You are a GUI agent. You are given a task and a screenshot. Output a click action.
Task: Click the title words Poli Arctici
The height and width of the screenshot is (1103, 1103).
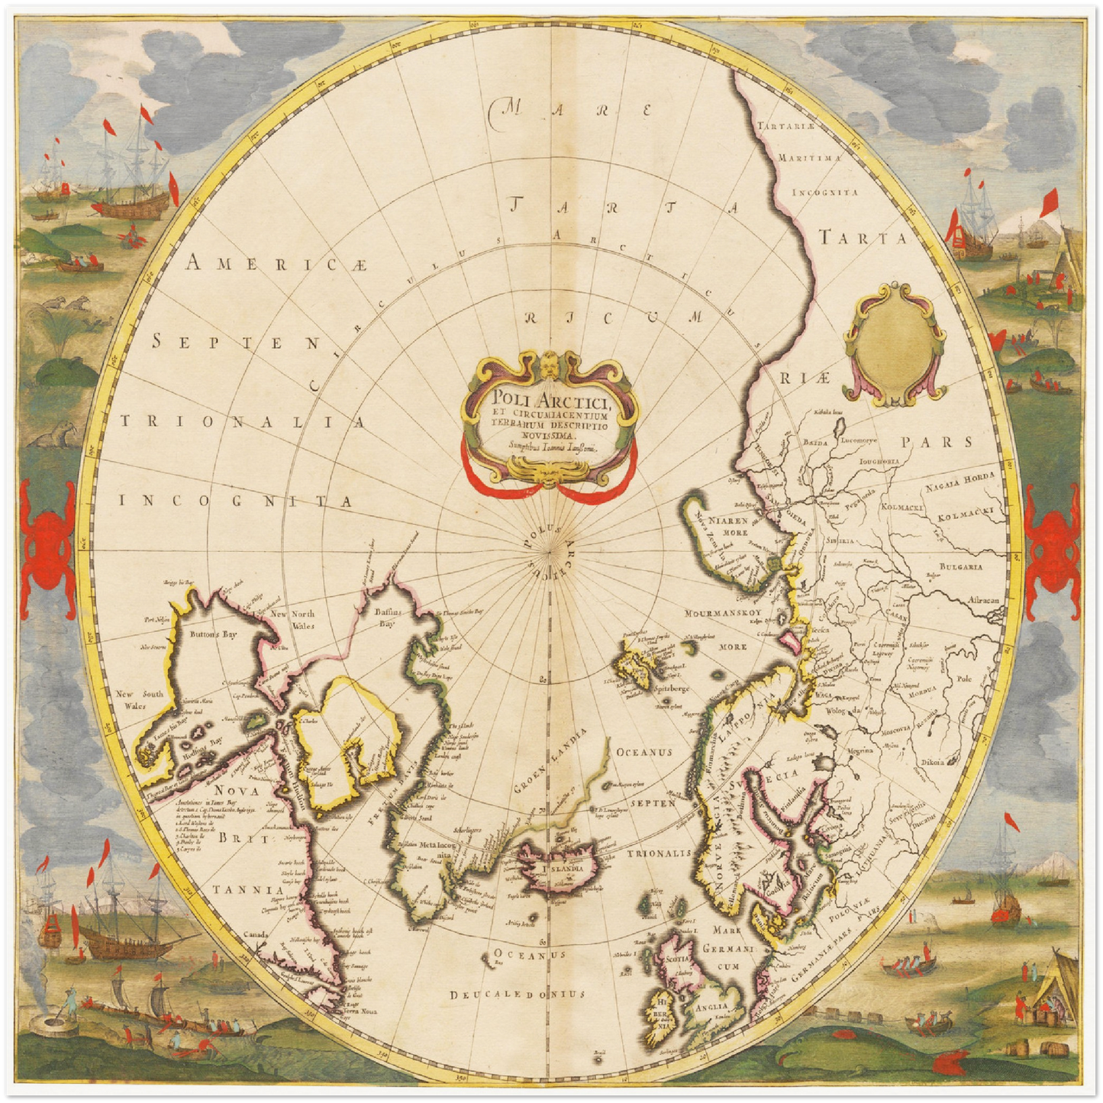click(549, 398)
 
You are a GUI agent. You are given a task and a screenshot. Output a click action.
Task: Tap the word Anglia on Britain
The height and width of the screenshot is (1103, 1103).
click(711, 1007)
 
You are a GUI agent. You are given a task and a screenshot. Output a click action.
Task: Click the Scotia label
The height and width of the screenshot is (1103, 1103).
click(678, 959)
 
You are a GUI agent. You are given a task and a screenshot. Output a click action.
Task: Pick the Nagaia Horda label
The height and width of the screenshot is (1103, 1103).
click(959, 482)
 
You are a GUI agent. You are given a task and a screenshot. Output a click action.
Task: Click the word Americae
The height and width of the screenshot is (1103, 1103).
click(277, 264)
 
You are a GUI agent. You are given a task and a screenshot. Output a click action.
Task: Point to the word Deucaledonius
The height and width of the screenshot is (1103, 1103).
click(517, 994)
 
